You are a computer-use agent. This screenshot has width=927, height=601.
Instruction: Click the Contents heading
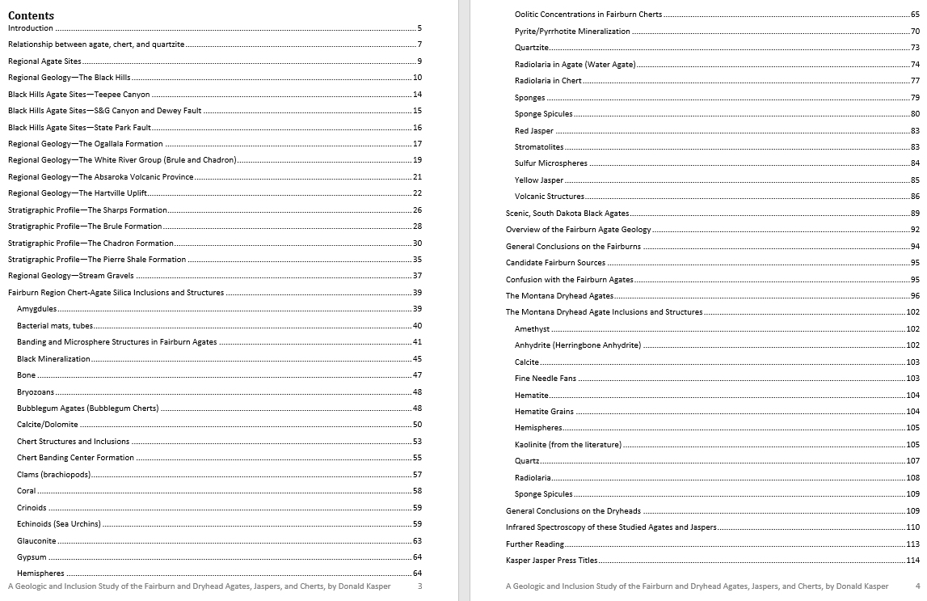[x=31, y=15]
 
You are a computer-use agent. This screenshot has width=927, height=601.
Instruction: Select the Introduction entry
[x=31, y=28]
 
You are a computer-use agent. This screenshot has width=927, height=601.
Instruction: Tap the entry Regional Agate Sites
[x=44, y=61]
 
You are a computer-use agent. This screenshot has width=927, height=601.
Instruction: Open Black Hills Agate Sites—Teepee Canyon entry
[x=78, y=95]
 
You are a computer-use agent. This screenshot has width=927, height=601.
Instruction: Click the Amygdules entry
[x=36, y=309]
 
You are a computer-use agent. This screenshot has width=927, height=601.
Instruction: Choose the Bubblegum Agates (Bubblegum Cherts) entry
[x=87, y=408]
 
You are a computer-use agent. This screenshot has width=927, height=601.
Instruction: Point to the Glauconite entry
[x=36, y=540]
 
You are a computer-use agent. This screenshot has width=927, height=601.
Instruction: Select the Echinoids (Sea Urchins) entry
[x=59, y=524]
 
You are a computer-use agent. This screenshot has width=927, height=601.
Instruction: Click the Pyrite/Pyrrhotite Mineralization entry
[x=572, y=32]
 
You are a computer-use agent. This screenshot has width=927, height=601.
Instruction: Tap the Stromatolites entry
[x=539, y=147]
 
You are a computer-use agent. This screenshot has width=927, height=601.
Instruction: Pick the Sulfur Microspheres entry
[x=551, y=163]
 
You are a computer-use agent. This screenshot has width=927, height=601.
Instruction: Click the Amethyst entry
[x=532, y=329]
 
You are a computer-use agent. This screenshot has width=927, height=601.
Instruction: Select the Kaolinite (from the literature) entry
[x=568, y=445]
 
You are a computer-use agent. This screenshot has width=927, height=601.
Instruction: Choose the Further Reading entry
[x=535, y=544]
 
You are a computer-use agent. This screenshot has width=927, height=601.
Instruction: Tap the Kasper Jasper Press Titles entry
[x=552, y=561]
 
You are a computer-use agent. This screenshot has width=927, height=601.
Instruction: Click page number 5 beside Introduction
[x=419, y=28]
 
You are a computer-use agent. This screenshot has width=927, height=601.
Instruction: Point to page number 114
[x=912, y=561]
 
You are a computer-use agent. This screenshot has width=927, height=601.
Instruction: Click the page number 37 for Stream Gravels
[x=417, y=276]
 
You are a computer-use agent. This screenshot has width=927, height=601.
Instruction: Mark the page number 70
[x=915, y=32]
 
